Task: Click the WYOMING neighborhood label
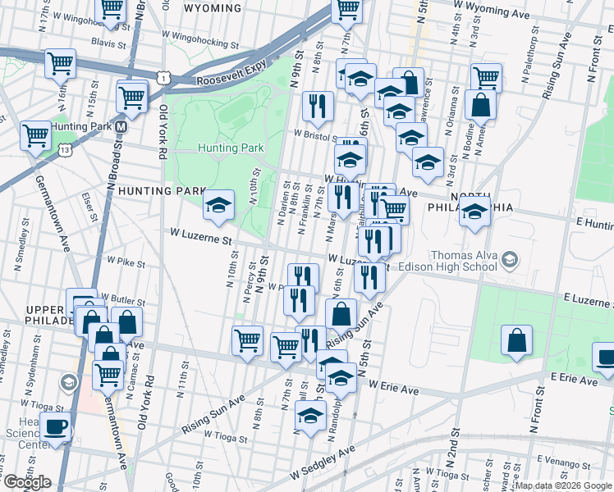(x=213, y=8)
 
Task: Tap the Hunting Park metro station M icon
(x=121, y=127)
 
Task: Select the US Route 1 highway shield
(x=166, y=78)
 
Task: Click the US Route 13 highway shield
(x=63, y=150)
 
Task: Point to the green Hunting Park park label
(x=230, y=148)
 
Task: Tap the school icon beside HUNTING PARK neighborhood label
(x=218, y=207)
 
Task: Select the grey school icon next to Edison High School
(x=511, y=260)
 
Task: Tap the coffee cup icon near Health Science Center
(x=55, y=426)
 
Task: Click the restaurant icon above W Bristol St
(x=317, y=106)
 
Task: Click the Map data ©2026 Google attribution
(x=562, y=485)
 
